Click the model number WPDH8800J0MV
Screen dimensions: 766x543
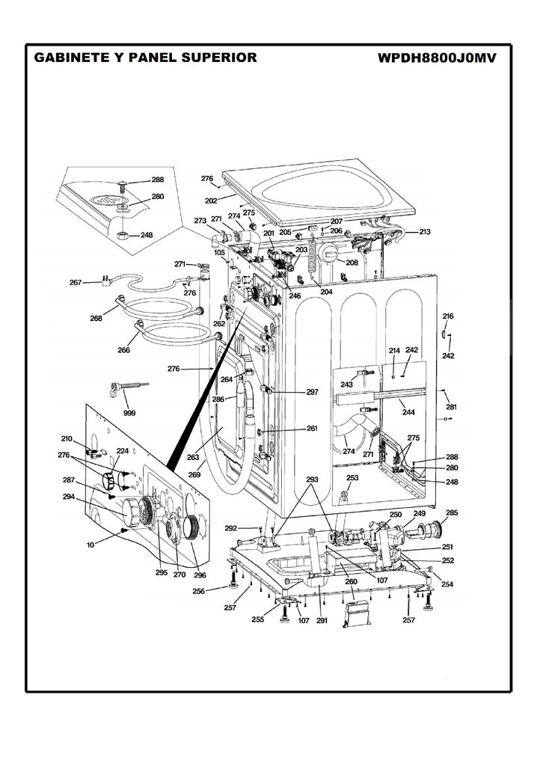438,58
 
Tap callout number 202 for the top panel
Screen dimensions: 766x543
211,200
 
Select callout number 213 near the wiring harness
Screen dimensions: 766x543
424,232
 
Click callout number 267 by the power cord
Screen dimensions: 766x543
76,283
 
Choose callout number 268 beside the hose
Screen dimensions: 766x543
96,318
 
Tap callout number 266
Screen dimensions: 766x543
124,350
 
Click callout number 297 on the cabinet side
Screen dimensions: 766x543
312,392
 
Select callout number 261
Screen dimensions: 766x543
312,429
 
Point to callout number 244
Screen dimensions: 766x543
408,412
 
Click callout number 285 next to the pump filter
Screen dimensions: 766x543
452,513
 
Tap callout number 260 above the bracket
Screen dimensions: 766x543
351,582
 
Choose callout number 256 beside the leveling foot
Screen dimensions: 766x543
199,591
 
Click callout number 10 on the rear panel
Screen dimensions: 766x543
90,545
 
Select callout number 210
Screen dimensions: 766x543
67,438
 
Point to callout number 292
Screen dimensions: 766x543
230,528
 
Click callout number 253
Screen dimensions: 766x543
352,477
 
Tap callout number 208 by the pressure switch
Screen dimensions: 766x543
351,263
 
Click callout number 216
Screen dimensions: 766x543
448,316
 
